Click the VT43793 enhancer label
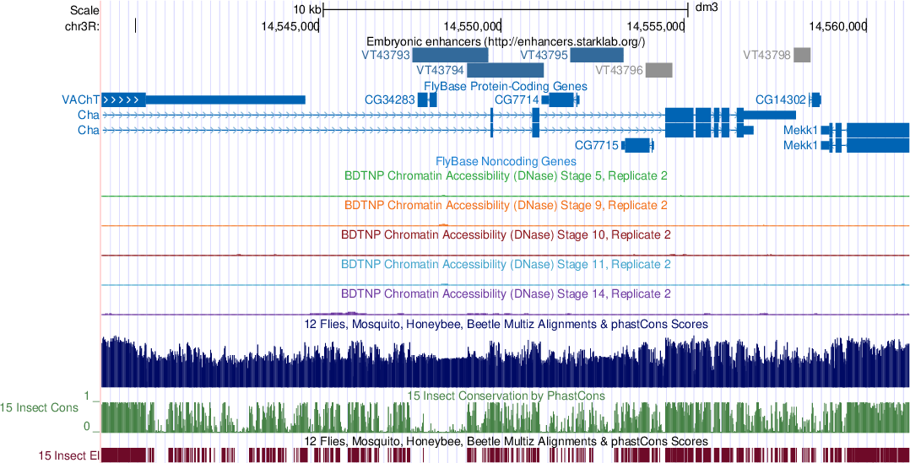point(385,55)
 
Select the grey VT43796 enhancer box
point(658,70)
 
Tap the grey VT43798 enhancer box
point(802,55)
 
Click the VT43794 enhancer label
point(441,70)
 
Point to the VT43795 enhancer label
point(544,55)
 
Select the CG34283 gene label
point(389,100)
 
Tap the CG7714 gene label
point(516,100)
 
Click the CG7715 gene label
point(596,146)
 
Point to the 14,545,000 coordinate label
point(290,26)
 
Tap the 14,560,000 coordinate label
point(837,26)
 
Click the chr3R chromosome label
point(81,26)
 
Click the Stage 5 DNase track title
point(506,176)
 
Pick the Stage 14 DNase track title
point(506,294)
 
